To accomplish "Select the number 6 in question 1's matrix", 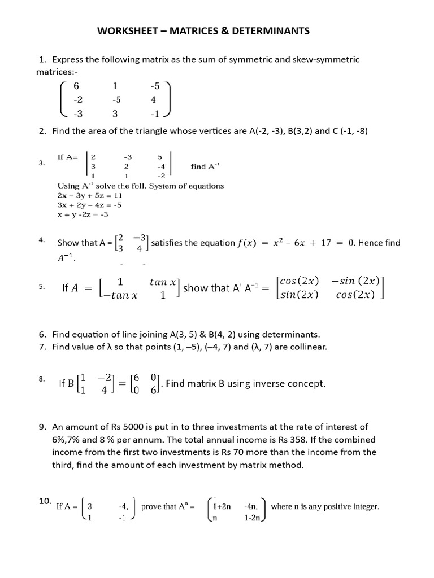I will [x=76, y=86].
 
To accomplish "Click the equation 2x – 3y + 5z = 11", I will [x=90, y=195].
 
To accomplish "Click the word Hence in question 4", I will [x=371, y=243].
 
